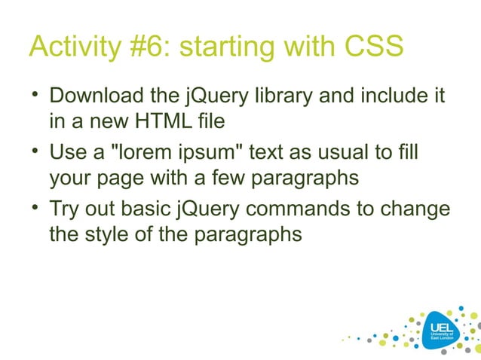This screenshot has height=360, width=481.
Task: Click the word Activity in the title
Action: pyautogui.click(x=71, y=47)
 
